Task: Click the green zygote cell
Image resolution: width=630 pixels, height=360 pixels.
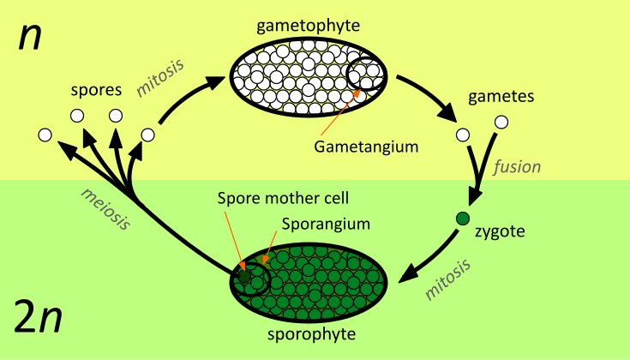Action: (x=463, y=218)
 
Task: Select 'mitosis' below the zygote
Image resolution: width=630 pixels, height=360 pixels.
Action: (x=448, y=279)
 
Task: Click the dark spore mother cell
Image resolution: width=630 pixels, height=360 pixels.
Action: (x=246, y=277)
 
